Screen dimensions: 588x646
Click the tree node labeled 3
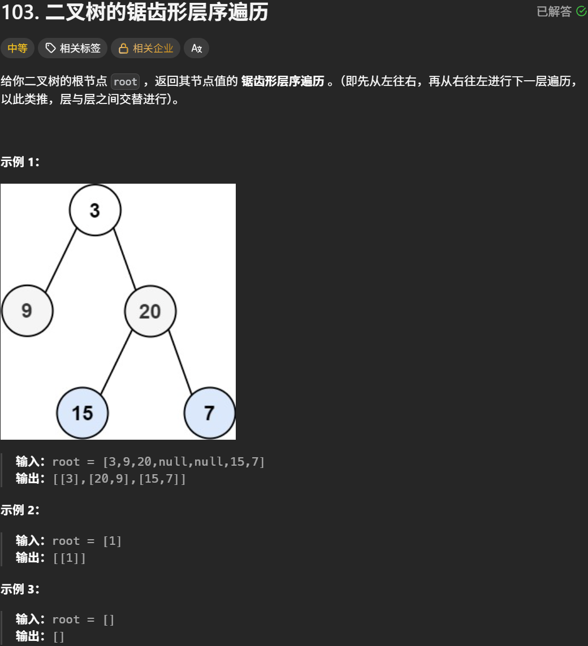95,210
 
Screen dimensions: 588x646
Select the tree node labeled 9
27,311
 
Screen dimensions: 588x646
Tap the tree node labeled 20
150,311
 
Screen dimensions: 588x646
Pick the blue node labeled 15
83,413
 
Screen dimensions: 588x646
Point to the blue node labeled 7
209,413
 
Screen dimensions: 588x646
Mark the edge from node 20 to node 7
181,362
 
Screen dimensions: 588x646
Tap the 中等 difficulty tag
18,49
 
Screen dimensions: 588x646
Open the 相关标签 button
73,49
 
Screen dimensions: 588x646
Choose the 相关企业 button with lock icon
145,49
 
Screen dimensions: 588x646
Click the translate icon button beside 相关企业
196,49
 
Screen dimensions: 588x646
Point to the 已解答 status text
554,12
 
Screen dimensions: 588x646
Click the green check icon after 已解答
581,11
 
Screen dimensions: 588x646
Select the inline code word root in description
125,81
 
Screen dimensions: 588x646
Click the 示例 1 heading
20,162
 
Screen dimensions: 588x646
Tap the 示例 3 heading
20,589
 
